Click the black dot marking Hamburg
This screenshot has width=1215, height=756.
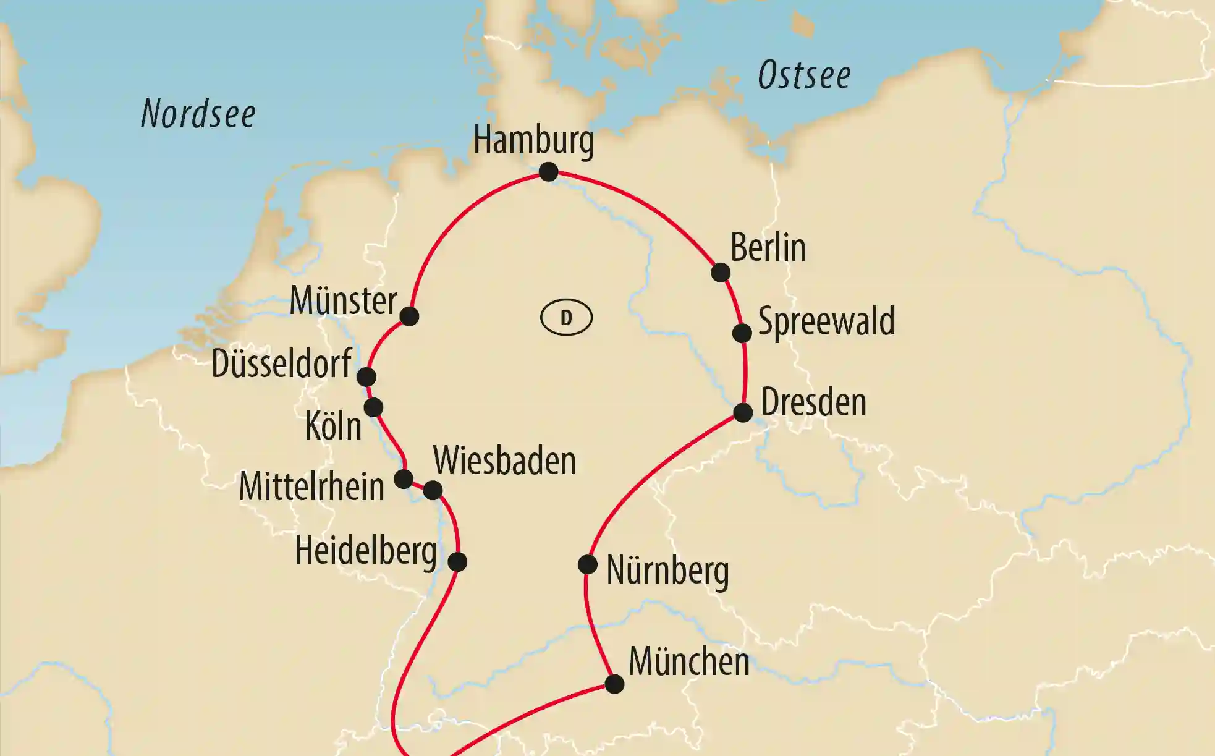coord(548,171)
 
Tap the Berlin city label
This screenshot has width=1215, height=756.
coord(768,248)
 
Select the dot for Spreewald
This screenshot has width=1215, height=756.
coord(742,333)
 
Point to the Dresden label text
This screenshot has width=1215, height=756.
coord(813,402)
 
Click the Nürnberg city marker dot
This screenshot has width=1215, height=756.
coord(587,564)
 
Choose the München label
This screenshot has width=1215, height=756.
coord(688,662)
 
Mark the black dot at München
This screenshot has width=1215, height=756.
coord(614,684)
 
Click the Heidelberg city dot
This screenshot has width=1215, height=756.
coord(457,562)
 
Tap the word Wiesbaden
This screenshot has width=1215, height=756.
coord(504,461)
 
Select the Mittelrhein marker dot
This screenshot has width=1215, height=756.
coord(404,479)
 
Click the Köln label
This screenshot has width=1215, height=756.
coord(333,427)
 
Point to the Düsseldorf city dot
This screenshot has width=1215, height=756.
coord(366,376)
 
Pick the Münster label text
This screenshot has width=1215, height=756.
coord(343,301)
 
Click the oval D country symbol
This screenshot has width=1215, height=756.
coord(566,318)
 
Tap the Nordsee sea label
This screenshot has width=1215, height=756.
coord(198,114)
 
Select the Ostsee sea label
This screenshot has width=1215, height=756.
coord(804,75)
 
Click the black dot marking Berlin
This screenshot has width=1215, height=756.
coord(721,272)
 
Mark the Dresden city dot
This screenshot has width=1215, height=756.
coord(743,412)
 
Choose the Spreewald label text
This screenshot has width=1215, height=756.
coord(826,321)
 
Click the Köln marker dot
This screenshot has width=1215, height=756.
coord(373,407)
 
